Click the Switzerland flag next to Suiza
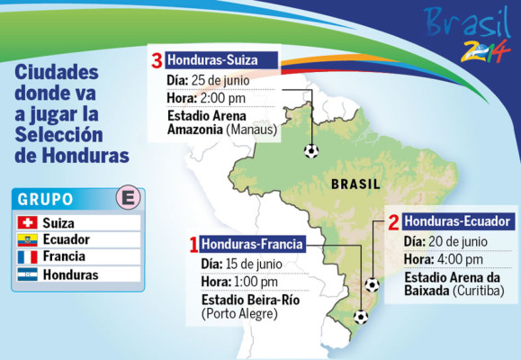click(x=28, y=222)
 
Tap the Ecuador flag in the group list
click(x=28, y=239)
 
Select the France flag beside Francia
click(x=28, y=256)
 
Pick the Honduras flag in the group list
click(x=28, y=274)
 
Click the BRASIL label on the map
click(x=355, y=184)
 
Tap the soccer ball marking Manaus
click(x=311, y=150)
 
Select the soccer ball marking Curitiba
click(x=372, y=284)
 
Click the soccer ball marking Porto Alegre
click(x=361, y=316)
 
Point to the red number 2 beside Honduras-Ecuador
click(x=392, y=221)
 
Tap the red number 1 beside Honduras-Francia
click(x=193, y=244)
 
